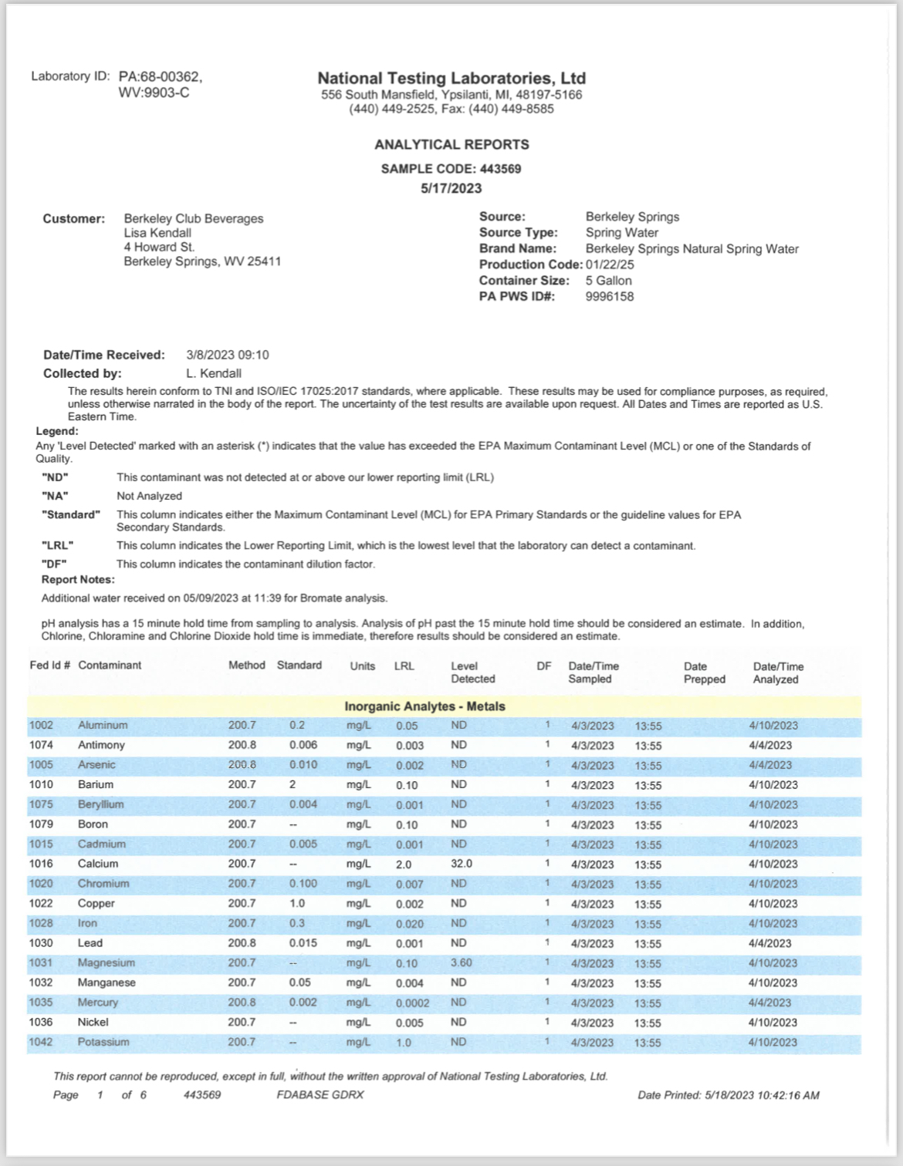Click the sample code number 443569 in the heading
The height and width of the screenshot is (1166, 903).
click(x=500, y=169)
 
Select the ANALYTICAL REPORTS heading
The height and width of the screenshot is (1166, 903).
click(x=451, y=144)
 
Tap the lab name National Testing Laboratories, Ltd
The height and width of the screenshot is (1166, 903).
click(x=451, y=78)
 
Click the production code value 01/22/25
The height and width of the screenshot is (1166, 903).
click(x=609, y=265)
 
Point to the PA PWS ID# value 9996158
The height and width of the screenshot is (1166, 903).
click(x=610, y=296)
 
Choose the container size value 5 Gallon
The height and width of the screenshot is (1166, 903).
click(x=608, y=281)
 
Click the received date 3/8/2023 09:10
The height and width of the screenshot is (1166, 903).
click(x=228, y=355)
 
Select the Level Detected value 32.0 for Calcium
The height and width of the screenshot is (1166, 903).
click(x=462, y=864)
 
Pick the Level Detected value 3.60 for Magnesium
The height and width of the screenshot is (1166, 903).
click(x=462, y=962)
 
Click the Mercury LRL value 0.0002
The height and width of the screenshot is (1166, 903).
click(x=412, y=1003)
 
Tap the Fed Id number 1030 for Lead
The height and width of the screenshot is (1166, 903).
click(x=41, y=942)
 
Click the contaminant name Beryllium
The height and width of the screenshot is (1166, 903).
click(x=100, y=804)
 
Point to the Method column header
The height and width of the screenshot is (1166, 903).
click(x=246, y=665)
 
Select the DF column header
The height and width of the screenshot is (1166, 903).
click(x=543, y=666)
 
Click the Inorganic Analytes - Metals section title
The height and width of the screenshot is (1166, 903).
click(x=424, y=706)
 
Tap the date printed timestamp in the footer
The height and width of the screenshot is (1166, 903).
click(x=729, y=1095)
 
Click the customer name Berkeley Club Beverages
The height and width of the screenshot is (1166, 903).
click(x=194, y=218)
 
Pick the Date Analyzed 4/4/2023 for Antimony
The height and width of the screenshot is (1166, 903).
click(x=770, y=745)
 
